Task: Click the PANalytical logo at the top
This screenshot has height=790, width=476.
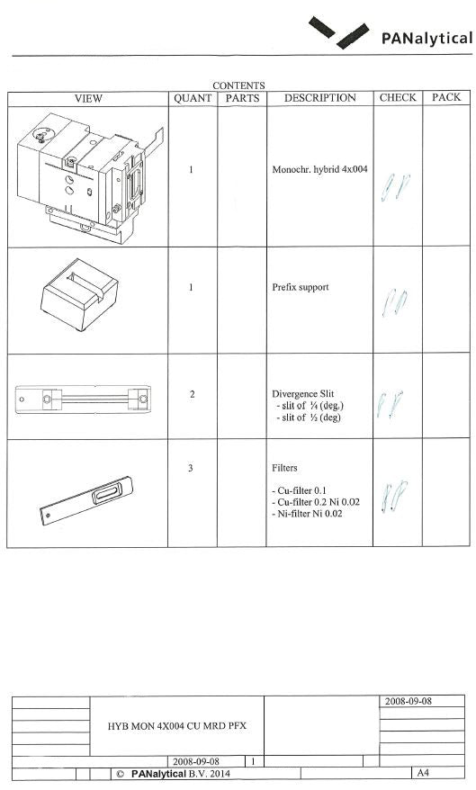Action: [391, 35]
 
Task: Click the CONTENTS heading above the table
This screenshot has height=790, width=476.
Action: [238, 85]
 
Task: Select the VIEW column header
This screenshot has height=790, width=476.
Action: [88, 98]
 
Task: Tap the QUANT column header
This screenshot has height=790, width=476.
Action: [192, 98]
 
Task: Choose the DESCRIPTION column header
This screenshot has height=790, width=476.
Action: [319, 98]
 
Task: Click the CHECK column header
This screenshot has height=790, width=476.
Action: [397, 98]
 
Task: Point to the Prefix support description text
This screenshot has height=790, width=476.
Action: [300, 288]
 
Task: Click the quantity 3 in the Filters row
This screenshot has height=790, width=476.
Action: [191, 468]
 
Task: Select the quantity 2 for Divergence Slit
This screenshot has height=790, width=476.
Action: [192, 394]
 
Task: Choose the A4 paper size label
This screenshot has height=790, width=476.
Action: [420, 773]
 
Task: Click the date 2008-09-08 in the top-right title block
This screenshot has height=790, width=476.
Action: [409, 701]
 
